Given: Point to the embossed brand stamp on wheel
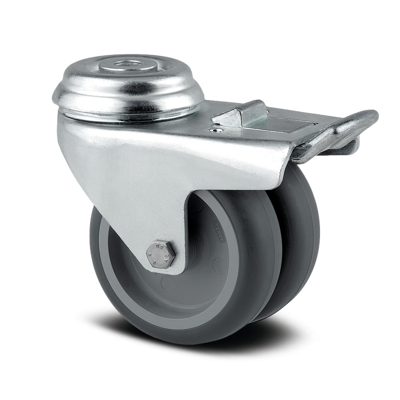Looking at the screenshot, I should (x=218, y=232).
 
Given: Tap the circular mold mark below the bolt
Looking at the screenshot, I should (x=168, y=284).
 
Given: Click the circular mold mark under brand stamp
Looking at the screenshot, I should (x=218, y=265).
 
